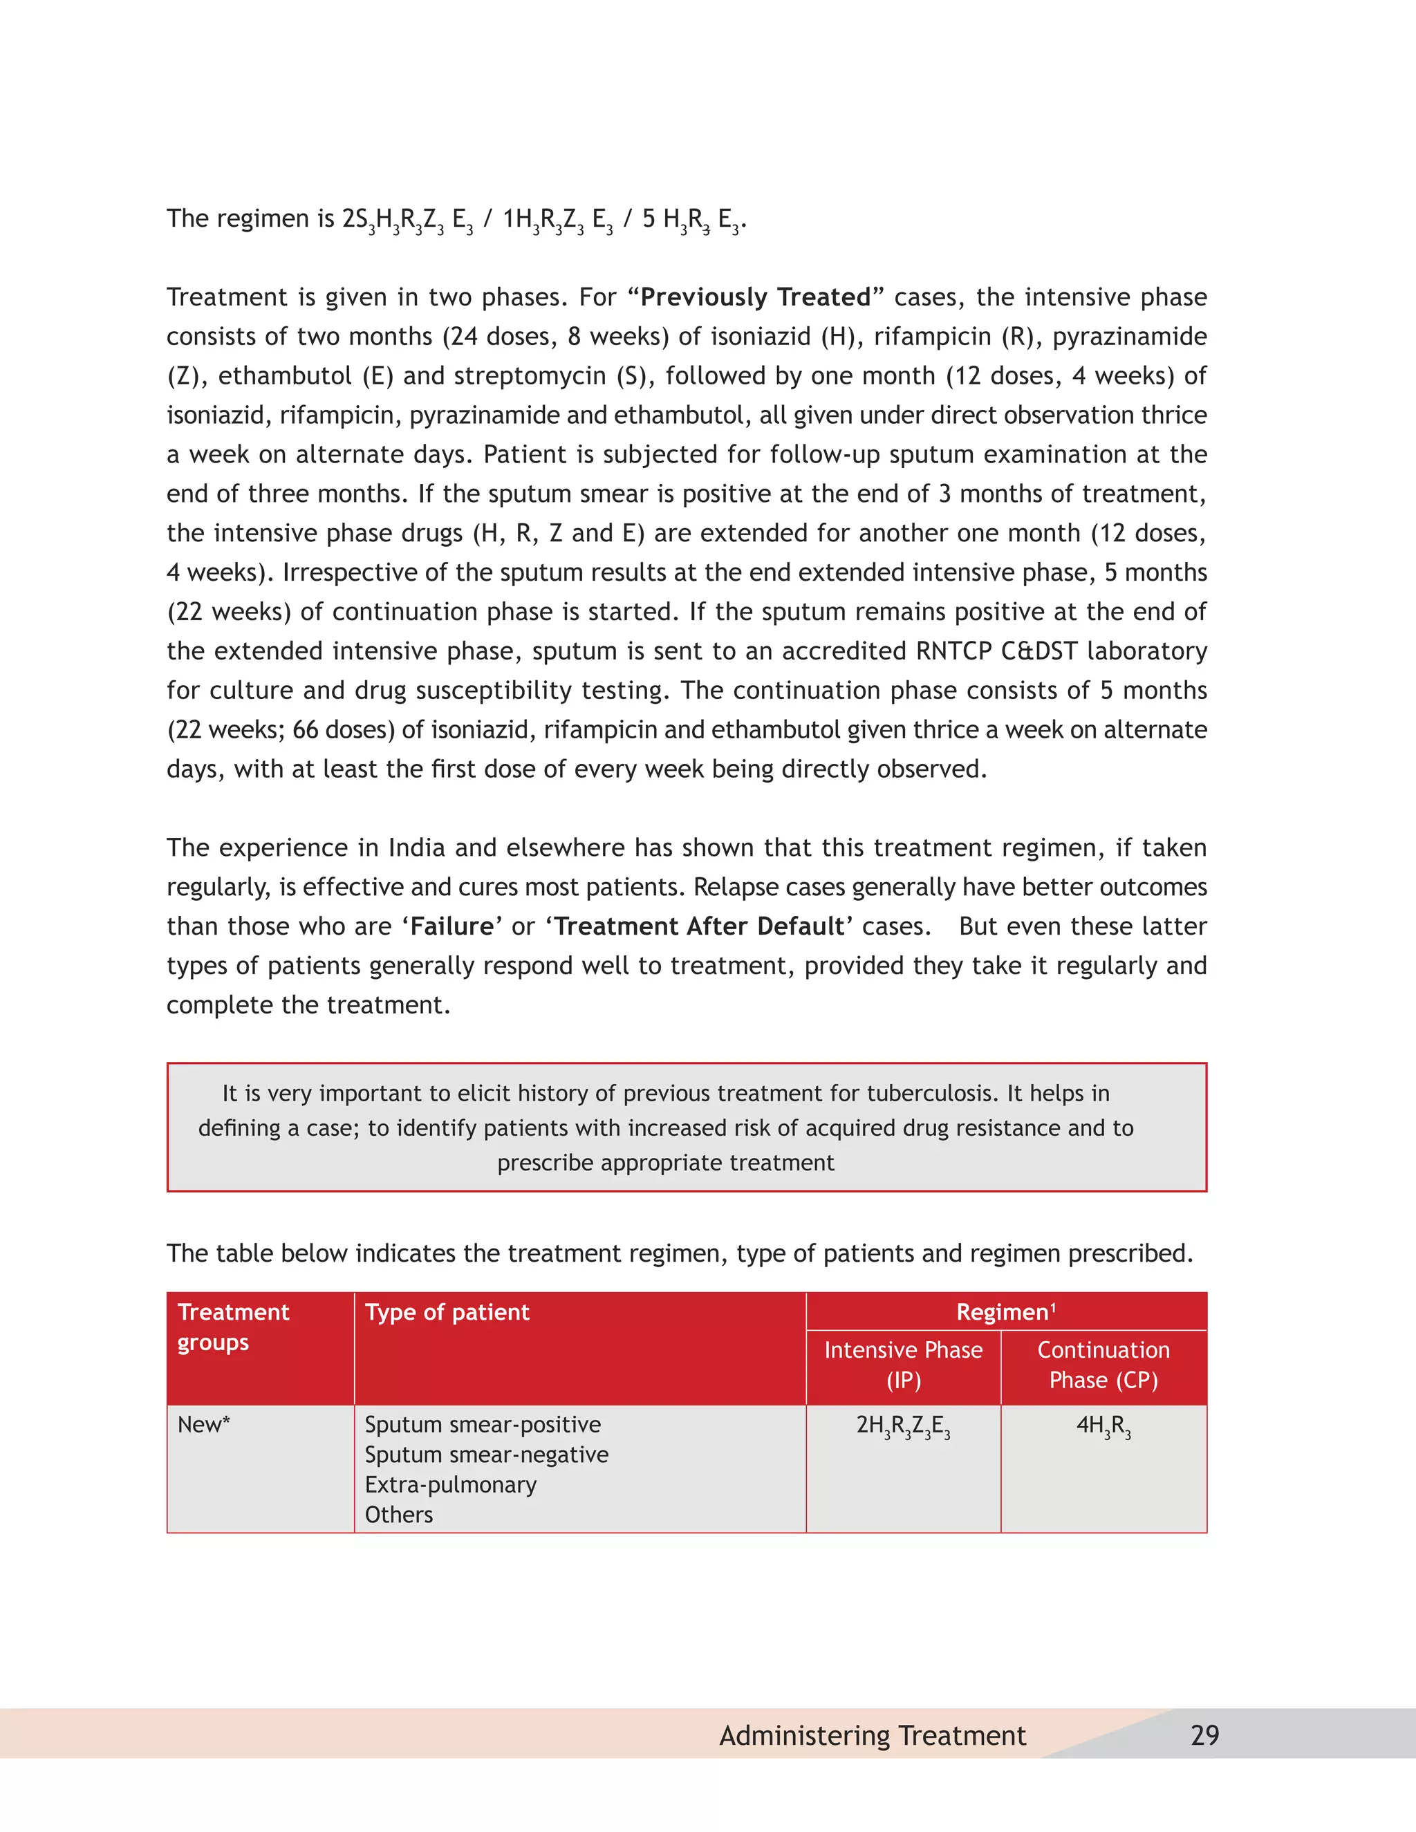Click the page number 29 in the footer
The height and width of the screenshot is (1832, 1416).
[1204, 1735]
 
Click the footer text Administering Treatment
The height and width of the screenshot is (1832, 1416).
[873, 1735]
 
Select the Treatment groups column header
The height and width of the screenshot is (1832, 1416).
[233, 1326]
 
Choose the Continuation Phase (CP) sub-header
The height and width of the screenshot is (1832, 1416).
[1103, 1365]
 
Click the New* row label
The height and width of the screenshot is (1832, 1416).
[204, 1424]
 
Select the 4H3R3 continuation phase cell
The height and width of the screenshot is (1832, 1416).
[1103, 1426]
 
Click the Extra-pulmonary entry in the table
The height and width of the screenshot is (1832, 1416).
[451, 1485]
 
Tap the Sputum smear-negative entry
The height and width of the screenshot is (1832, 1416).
[487, 1455]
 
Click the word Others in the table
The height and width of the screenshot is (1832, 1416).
[398, 1515]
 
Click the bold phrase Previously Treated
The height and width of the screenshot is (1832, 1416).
[755, 297]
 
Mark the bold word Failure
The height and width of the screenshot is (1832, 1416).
[452, 926]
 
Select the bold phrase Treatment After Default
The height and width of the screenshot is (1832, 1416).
[699, 926]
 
